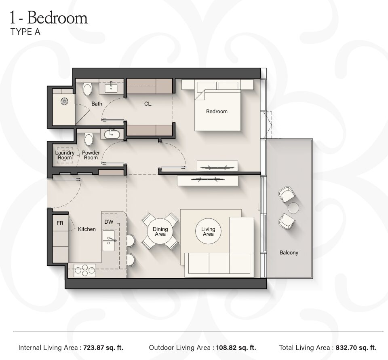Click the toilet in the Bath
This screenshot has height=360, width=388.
pyautogui.click(x=87, y=90)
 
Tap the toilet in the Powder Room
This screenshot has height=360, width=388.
pyautogui.click(x=89, y=140)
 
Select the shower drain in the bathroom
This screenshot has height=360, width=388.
pyautogui.click(x=64, y=101)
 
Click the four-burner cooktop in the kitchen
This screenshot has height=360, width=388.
pyautogui.click(x=85, y=270)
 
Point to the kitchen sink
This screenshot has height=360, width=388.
pyautogui.click(x=109, y=240)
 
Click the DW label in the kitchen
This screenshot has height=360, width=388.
pyautogui.click(x=109, y=222)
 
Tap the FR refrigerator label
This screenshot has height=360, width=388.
pyautogui.click(x=60, y=223)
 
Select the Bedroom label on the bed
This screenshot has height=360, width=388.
pyautogui.click(x=217, y=111)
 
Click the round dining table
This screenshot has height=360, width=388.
pyautogui.click(x=160, y=231)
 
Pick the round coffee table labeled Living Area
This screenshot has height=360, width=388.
pyautogui.click(x=208, y=231)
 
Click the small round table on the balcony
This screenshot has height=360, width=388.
pyautogui.click(x=293, y=208)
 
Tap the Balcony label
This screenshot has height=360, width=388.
pyautogui.click(x=289, y=252)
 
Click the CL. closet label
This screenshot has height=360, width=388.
pyautogui.click(x=148, y=104)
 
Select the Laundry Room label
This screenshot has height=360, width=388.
pyautogui.click(x=65, y=155)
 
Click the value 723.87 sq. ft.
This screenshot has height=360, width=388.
pyautogui.click(x=103, y=347)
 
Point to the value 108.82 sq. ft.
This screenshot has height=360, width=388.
pyautogui.click(x=236, y=347)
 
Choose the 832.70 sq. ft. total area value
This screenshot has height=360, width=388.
pyautogui.click(x=356, y=347)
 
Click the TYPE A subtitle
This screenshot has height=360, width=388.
pyautogui.click(x=25, y=32)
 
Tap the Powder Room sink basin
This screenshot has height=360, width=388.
pyautogui.click(x=112, y=134)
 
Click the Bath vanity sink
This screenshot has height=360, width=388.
pyautogui.click(x=111, y=88)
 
